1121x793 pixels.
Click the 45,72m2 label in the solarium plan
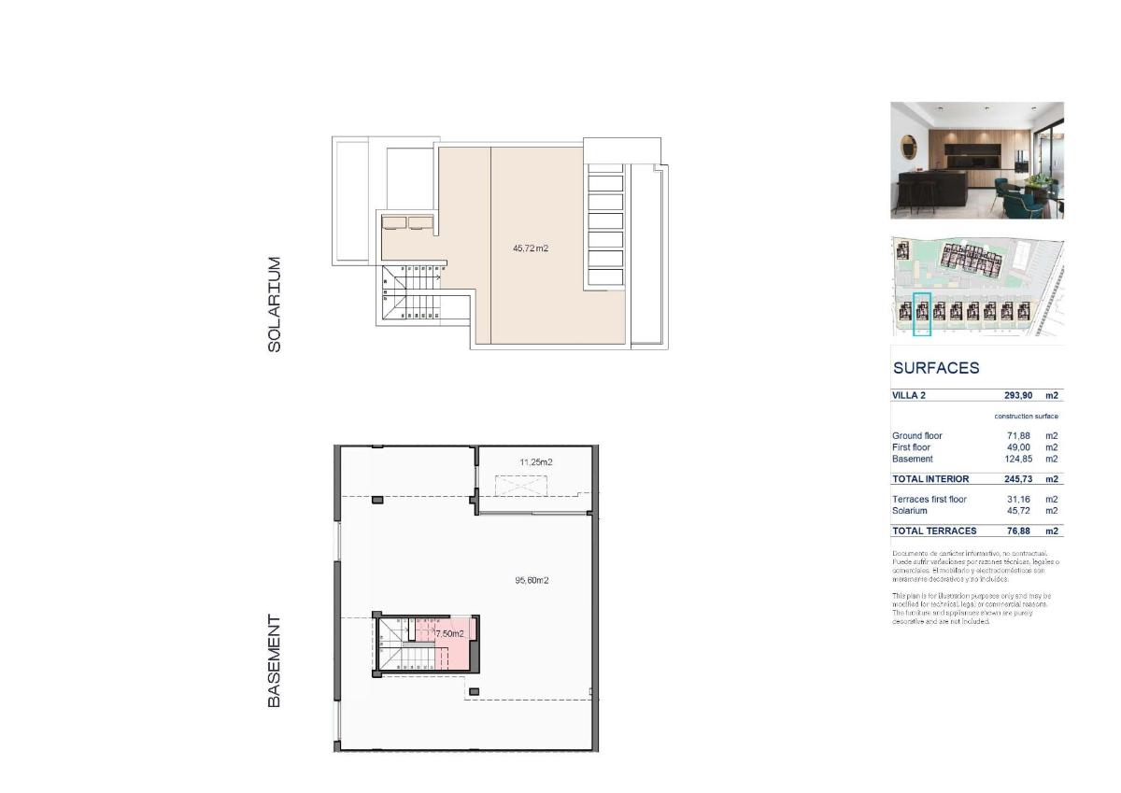click(530, 248)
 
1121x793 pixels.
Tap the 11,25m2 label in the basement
click(535, 462)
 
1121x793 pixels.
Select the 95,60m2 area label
click(532, 580)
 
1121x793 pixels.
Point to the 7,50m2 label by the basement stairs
click(449, 633)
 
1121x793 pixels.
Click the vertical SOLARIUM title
click(275, 304)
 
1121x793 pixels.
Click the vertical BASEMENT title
click(275, 659)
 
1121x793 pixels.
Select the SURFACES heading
click(936, 368)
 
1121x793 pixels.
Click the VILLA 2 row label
click(909, 395)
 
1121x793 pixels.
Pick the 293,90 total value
click(1017, 395)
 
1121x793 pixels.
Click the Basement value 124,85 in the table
click(1016, 459)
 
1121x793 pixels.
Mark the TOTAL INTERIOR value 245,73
click(1016, 479)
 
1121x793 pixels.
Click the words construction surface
click(1026, 416)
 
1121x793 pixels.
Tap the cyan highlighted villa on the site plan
click(922, 314)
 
